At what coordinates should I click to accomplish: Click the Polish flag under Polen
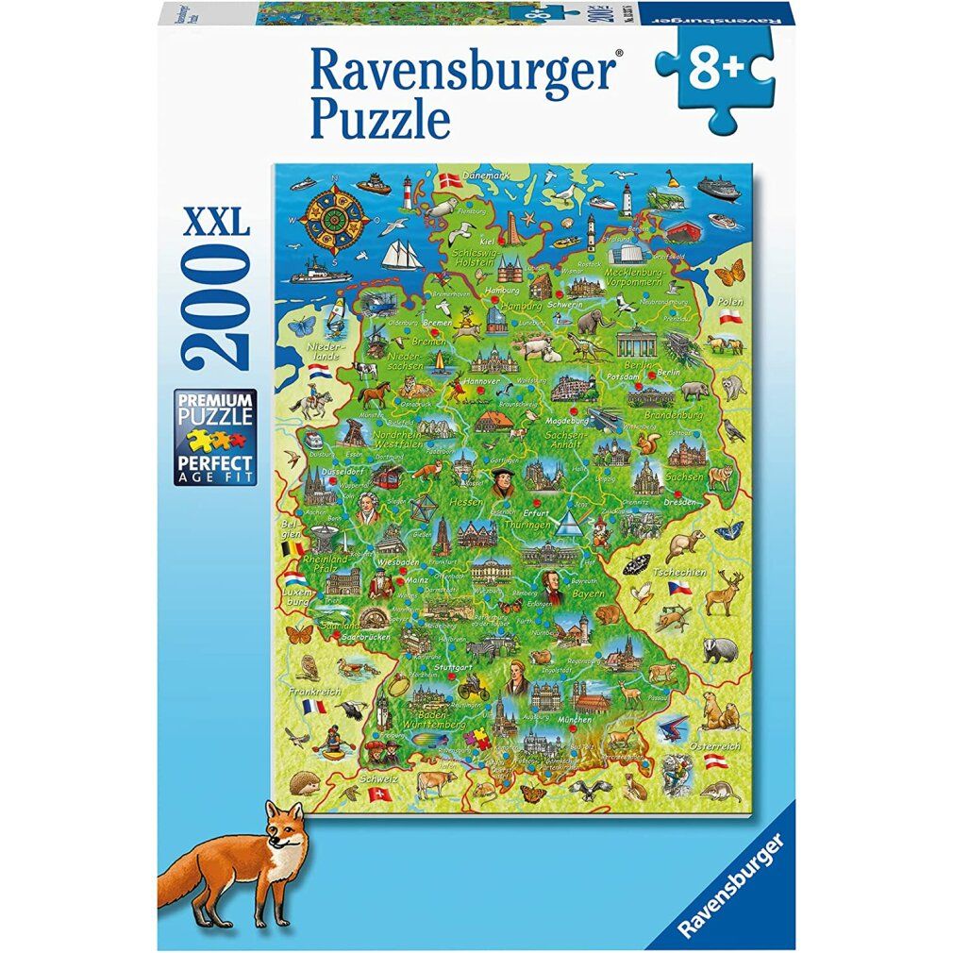[729, 320]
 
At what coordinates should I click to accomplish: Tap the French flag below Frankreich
[313, 706]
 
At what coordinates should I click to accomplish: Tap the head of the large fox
[279, 831]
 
